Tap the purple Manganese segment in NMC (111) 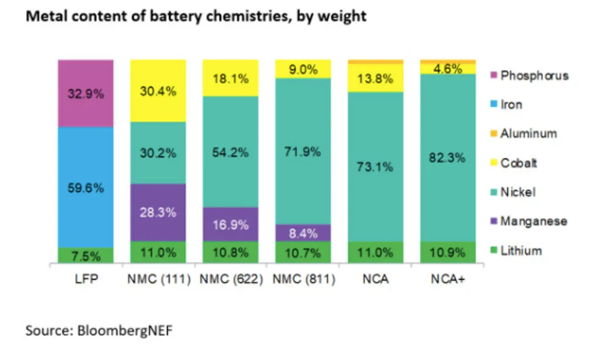(x=158, y=212)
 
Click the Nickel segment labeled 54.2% (x=230, y=151)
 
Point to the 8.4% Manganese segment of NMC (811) (x=303, y=233)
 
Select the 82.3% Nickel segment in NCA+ (x=448, y=157)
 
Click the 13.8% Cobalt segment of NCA (x=375, y=78)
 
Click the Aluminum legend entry (x=528, y=133)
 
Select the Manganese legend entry (x=532, y=221)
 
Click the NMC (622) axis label (x=230, y=280)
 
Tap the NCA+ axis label (x=448, y=280)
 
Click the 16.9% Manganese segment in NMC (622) (x=230, y=225)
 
